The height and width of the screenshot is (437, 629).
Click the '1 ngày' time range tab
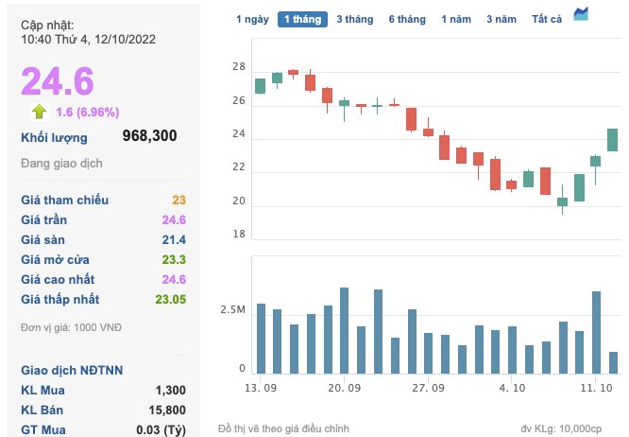pos(252,19)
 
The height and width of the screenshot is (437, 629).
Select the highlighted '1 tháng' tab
pos(302,19)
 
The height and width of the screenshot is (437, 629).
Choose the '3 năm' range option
pos(501,19)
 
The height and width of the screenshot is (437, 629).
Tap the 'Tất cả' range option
pos(547,19)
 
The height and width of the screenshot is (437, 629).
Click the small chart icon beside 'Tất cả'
pos(581,13)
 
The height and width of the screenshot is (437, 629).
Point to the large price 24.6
pos(58,81)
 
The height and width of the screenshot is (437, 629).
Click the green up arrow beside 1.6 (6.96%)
pos(39,112)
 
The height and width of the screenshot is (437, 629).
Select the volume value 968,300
pos(149,136)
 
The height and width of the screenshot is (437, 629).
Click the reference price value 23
pos(178,200)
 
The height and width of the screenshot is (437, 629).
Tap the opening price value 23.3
pos(174,259)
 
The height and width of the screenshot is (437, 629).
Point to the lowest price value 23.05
pos(169,299)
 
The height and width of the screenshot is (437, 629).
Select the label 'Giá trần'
pos(45,219)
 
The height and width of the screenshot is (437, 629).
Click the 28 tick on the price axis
pos(239,67)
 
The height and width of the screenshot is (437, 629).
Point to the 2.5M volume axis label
pos(233,310)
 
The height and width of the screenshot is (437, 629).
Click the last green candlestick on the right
pos(612,140)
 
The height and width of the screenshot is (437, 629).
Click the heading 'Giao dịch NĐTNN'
pos(72,370)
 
